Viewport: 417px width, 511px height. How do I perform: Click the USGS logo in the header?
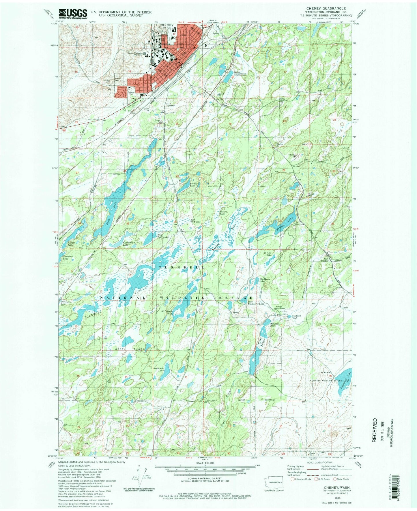(73, 13)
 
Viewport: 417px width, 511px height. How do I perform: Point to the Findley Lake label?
(193, 185)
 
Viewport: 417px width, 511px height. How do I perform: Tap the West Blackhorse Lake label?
(256, 303)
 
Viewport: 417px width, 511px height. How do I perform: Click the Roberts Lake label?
(224, 213)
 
